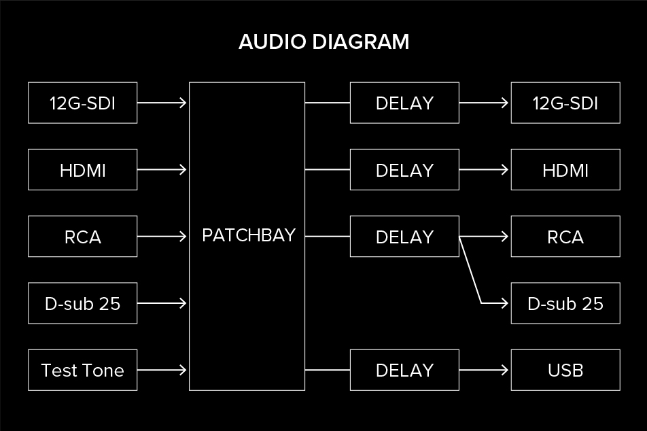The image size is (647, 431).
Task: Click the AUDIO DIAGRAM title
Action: tap(324, 42)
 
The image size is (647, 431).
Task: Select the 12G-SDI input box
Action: tap(82, 103)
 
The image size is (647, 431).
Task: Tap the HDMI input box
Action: tap(82, 170)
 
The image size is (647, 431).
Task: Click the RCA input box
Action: tap(82, 237)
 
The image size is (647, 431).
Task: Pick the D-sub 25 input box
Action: tap(82, 303)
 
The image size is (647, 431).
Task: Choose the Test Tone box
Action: tap(82, 370)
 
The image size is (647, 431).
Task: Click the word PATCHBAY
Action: tap(249, 235)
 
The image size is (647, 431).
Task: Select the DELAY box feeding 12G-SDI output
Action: tap(404, 103)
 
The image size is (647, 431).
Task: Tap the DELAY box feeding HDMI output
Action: tap(404, 170)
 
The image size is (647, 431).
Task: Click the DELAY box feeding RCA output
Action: tap(404, 237)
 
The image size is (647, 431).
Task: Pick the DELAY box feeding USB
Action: tap(404, 370)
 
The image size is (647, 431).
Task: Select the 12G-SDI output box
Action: tap(565, 103)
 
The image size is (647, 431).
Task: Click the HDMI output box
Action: tap(565, 170)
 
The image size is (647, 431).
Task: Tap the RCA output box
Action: tap(565, 237)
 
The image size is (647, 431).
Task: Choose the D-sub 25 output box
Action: tap(565, 303)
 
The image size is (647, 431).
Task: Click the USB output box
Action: tap(565, 370)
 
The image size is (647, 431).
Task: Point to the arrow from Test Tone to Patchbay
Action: tap(162, 370)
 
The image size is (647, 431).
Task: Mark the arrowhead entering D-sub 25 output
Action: tap(505, 303)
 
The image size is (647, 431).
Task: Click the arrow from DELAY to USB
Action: tap(484, 370)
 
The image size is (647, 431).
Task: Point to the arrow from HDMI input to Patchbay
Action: tap(162, 170)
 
